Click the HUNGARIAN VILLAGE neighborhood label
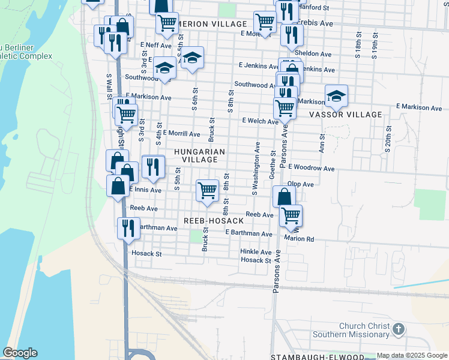tap(199, 156)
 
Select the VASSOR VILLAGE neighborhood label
tap(345, 115)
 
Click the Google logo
tap(20, 353)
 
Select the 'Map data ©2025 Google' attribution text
tap(411, 356)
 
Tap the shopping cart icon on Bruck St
tap(207, 191)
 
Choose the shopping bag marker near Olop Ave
tap(284, 196)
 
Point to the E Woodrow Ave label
tap(311, 168)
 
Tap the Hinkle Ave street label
tap(256, 252)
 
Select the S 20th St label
tap(389, 139)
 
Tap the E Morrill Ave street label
tap(181, 133)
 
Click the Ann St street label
tap(322, 143)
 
